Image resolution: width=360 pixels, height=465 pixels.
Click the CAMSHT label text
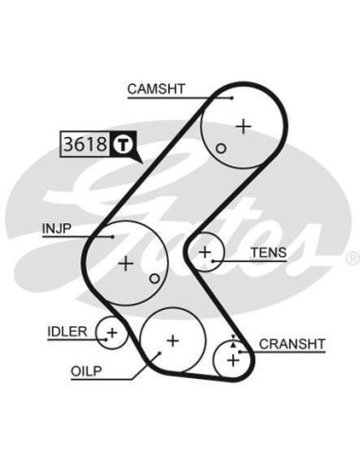click(156, 89)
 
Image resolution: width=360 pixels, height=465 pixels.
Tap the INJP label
click(57, 228)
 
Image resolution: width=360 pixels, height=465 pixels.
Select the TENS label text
click(268, 252)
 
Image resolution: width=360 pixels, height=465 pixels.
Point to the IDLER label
click(67, 332)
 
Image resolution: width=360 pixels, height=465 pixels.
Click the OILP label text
click(86, 371)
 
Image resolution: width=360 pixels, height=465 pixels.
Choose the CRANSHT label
click(292, 344)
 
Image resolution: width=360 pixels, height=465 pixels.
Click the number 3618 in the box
click(85, 144)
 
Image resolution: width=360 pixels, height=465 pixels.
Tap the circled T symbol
click(123, 145)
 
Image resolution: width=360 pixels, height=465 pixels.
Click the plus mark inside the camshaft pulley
click(244, 127)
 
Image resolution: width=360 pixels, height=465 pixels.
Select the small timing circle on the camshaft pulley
click(221, 148)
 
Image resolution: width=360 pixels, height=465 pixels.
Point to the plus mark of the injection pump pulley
click(126, 264)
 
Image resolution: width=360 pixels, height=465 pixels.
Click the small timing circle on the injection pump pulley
click(154, 279)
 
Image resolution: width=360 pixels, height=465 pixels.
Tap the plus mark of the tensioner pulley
click(205, 252)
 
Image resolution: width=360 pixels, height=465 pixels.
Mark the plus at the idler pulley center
click(112, 333)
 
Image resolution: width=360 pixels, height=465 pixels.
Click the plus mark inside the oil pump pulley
click(173, 340)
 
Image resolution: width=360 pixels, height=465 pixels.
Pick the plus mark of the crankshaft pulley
click(233, 360)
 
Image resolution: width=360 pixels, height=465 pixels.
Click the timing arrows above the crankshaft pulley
click(233, 341)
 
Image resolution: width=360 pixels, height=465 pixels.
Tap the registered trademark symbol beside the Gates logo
click(353, 258)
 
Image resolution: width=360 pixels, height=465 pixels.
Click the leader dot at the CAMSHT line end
click(232, 98)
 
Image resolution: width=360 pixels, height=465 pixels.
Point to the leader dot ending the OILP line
click(160, 353)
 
